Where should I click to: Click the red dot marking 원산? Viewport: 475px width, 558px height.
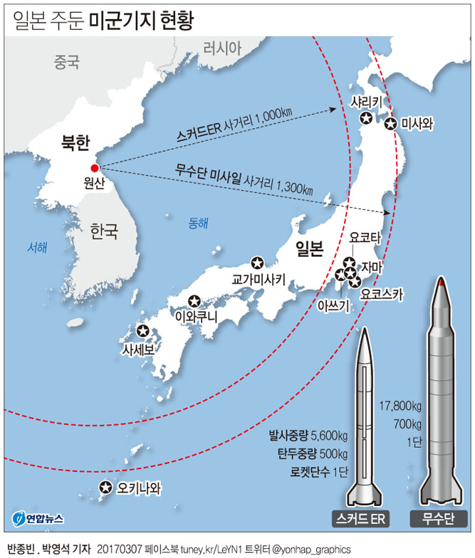[95, 169]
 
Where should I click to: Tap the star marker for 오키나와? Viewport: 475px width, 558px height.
[106, 488]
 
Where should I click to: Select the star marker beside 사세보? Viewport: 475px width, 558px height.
[143, 332]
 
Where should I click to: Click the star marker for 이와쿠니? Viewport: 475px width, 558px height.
[194, 300]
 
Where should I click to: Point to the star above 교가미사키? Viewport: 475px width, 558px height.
[257, 263]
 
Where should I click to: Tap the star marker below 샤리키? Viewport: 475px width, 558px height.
[366, 118]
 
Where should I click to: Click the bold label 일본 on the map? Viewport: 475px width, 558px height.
[310, 248]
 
